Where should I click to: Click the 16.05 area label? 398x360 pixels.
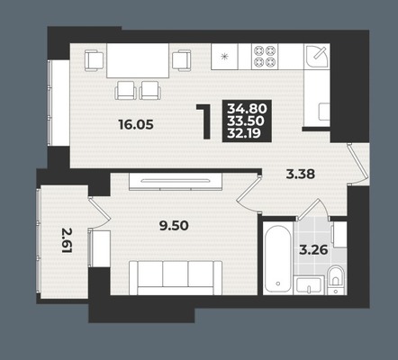tap(137, 124)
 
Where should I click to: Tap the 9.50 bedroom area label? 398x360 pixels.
tap(174, 226)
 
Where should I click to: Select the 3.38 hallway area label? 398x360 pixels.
tap(301, 174)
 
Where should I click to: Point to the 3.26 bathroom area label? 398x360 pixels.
tap(313, 250)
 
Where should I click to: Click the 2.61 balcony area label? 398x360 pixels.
tap(67, 240)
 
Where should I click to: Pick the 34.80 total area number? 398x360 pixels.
tap(247, 107)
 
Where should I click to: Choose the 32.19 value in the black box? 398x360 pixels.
tap(244, 132)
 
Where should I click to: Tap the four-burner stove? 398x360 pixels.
tap(265, 57)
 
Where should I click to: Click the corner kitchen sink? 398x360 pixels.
tap(317, 57)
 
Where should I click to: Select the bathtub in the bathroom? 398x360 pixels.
tap(277, 258)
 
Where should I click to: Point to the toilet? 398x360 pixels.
tap(335, 280)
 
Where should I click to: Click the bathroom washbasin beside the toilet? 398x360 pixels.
tap(310, 285)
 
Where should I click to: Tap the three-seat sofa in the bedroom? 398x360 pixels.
tap(176, 278)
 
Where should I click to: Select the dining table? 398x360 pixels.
tap(138, 61)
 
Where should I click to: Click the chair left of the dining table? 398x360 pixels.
tap(95, 60)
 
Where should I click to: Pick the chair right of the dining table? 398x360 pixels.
tap(182, 60)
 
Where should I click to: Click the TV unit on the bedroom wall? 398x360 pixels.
tap(176, 182)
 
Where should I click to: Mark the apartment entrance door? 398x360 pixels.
tap(357, 164)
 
